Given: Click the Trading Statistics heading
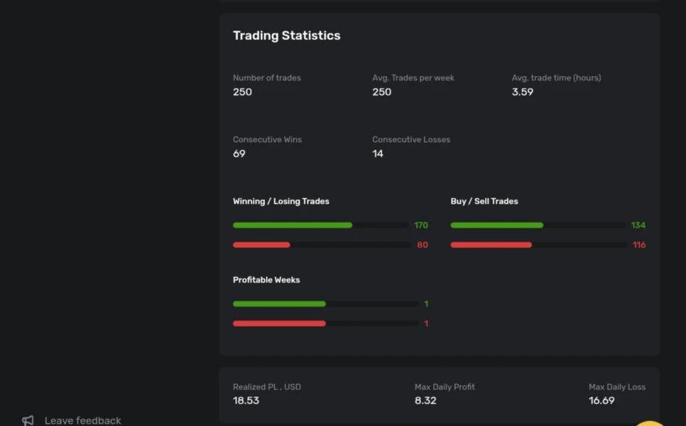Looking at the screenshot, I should coord(286,35).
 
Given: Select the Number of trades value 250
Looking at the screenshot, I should coord(242,92).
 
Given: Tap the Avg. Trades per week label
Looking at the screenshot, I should coord(413,77).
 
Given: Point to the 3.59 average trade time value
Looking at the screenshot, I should coord(522,92).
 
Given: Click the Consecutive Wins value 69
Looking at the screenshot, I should coord(239,153).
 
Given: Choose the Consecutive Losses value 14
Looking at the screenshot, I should coord(378,153).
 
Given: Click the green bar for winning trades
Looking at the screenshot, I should coord(293,225).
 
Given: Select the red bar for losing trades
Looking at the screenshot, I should coord(261,245).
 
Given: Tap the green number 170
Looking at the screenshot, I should coord(421,225).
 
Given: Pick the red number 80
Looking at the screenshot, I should coord(422,245).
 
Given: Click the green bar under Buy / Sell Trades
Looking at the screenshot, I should coord(496,225).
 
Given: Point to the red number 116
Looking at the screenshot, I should coord(639,245).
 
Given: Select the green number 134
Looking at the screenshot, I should coord(638,225).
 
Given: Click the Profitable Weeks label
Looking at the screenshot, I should coord(266,280).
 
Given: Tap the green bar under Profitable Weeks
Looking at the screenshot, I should coord(279,304).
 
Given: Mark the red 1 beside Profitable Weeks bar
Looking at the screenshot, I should coord(426,324).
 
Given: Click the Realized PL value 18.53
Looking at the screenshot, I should coord(245,400).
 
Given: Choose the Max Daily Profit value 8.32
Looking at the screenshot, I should coord(425,400).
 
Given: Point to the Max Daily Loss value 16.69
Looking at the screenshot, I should coord(601,400).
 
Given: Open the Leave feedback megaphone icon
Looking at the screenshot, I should coord(28,420).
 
